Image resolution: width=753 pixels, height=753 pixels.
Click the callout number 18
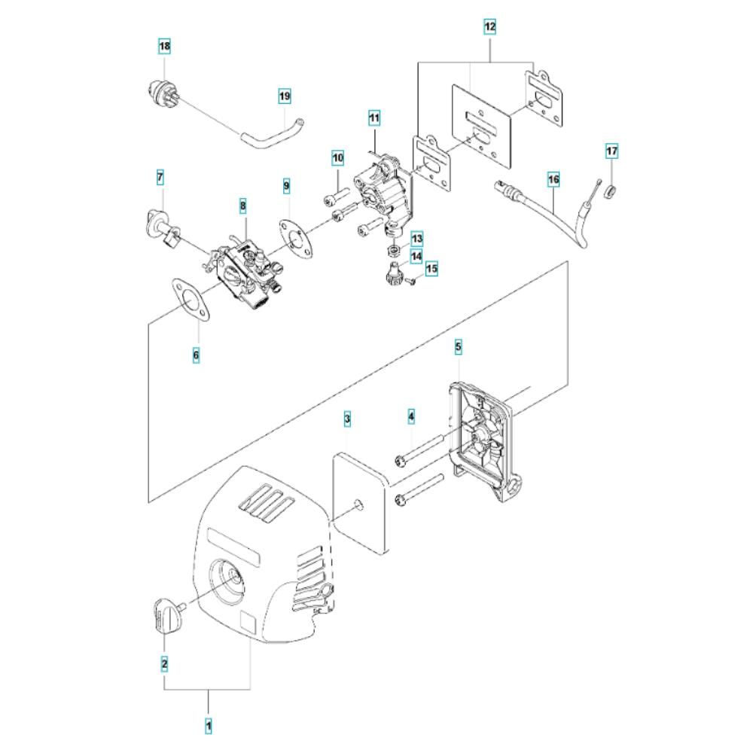[164, 47]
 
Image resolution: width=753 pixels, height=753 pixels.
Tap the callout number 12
[490, 27]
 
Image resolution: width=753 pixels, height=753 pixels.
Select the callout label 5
[458, 346]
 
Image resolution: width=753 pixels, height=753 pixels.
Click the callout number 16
[553, 180]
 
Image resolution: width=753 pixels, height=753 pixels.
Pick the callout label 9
[287, 186]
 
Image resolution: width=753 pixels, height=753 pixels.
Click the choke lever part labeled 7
[163, 229]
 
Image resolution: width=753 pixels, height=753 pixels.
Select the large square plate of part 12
[482, 127]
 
